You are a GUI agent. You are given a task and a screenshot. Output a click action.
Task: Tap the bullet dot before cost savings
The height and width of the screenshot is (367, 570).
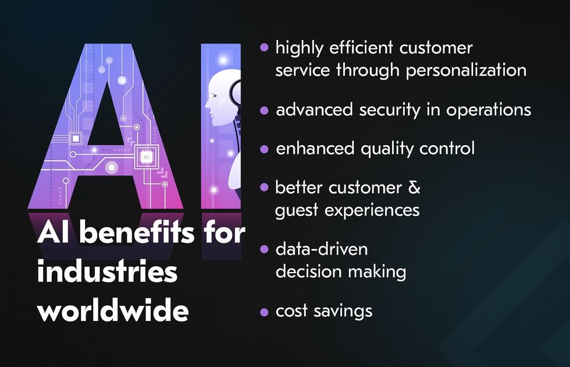pos(264,312)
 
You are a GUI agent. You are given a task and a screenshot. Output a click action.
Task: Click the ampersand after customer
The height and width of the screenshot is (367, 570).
pos(414,188)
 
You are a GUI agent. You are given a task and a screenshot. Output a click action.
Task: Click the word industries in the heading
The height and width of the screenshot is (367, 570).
pos(107,271)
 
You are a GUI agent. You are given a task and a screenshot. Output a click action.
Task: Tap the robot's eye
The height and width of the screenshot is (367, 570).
pos(213,96)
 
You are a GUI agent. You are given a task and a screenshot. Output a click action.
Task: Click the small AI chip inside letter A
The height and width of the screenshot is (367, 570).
pos(146,157)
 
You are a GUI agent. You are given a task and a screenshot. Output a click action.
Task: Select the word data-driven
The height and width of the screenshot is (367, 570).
pos(322,249)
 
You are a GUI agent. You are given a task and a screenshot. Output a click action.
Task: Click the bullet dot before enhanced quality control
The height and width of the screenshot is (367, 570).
pos(264,149)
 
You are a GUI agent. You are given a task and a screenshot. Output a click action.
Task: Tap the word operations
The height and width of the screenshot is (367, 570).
pos(489,110)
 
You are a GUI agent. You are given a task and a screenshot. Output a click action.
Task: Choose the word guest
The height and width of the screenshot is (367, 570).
pos(297,211)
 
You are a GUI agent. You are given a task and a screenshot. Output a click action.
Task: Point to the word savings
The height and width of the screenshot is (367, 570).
pos(343,311)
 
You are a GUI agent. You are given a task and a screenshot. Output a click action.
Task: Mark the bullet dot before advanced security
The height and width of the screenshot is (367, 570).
pos(264,110)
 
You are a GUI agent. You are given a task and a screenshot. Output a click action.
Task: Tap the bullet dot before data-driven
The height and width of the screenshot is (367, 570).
pos(264,249)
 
